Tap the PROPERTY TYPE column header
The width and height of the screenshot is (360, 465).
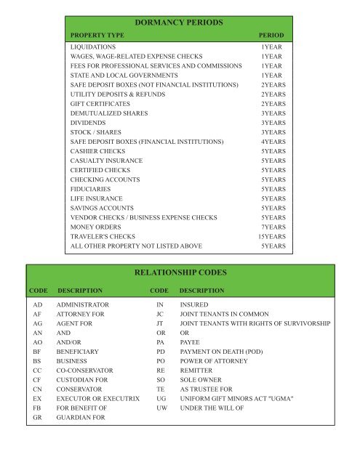[97, 36]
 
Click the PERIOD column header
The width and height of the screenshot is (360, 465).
[271, 36]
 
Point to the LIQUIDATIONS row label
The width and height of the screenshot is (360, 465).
[93, 46]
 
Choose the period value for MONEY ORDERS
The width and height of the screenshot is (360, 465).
[273, 227]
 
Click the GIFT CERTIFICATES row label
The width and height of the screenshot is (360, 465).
[101, 104]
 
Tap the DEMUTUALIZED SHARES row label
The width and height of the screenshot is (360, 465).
[108, 113]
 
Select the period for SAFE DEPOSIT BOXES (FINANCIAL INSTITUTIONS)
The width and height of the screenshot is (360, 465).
[273, 142]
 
